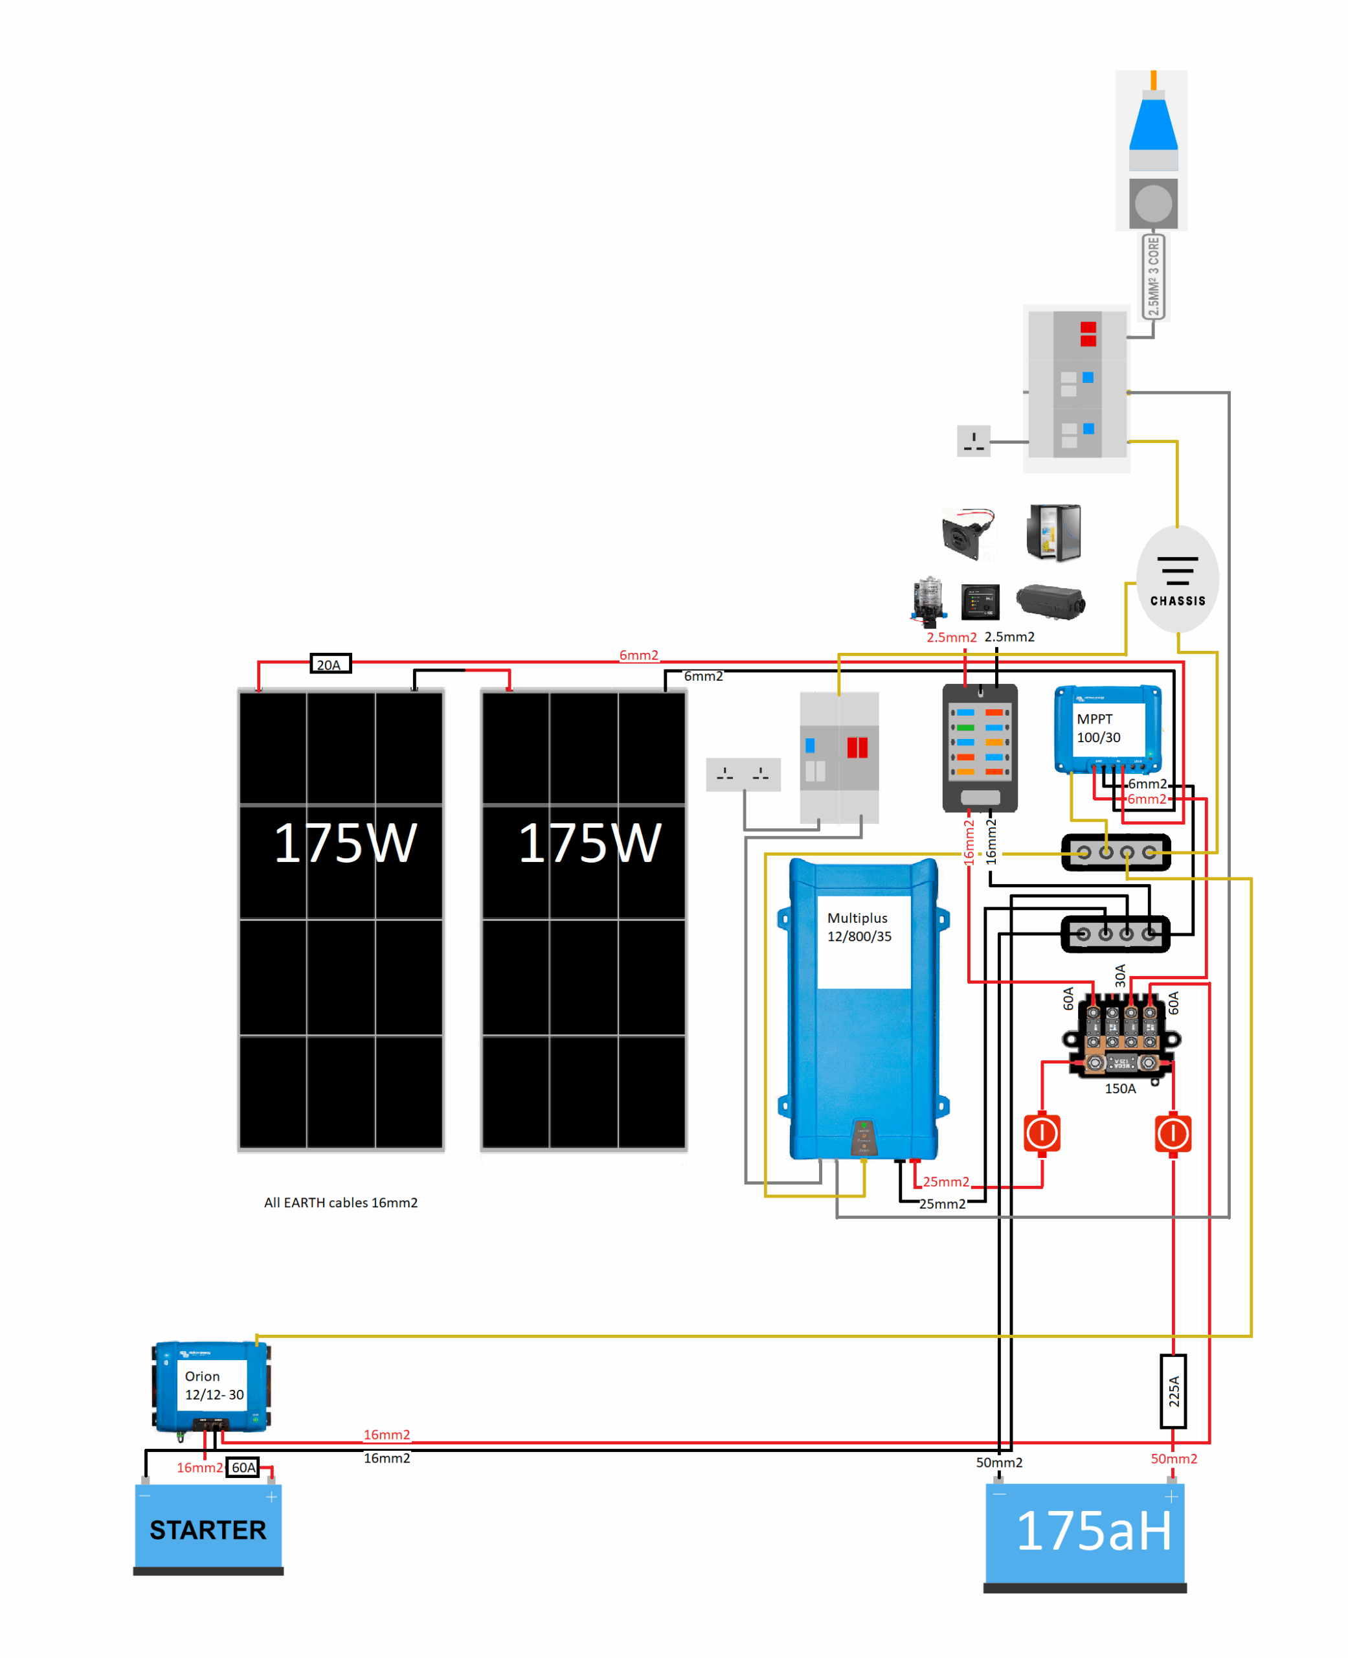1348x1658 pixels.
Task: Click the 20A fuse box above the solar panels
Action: (x=330, y=664)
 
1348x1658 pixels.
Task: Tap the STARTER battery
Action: (x=208, y=1529)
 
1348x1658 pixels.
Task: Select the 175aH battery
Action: (x=1084, y=1533)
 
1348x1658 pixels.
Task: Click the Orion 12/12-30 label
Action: (x=213, y=1385)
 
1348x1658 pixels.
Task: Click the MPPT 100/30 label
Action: (x=1098, y=729)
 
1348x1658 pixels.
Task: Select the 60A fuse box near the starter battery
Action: (x=243, y=1467)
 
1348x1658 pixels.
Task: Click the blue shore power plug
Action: (x=1153, y=124)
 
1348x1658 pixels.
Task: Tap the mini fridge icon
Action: (x=1053, y=532)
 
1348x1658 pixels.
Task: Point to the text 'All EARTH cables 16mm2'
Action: (x=340, y=1202)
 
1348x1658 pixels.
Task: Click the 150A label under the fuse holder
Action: (x=1119, y=1089)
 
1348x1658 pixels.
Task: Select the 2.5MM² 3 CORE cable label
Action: (x=1153, y=277)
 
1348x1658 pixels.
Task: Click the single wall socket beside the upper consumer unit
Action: (x=973, y=441)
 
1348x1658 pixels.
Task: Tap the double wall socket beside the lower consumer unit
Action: (x=743, y=774)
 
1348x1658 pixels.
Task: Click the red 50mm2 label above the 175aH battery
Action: (x=1173, y=1459)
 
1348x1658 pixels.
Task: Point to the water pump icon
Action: (x=928, y=601)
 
